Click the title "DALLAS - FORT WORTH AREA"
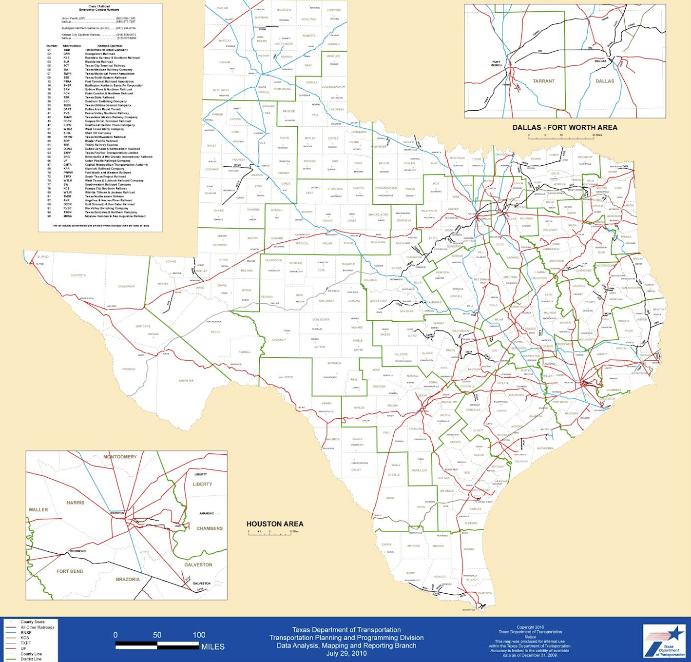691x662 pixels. pos(565,127)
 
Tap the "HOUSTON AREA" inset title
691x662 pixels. pos(275,524)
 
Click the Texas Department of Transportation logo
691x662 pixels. pos(664,641)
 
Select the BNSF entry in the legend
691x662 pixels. pos(26,632)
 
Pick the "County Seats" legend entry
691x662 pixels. pos(32,622)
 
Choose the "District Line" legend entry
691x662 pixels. pos(31,659)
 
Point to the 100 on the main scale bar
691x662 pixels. pos(199,635)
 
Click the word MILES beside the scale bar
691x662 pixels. pos(213,647)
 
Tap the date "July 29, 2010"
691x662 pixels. pos(346,653)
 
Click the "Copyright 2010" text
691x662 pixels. pos(530,627)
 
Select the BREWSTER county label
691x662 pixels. pos(186,381)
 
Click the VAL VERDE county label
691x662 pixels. pos(286,377)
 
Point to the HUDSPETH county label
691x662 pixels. pos(78,275)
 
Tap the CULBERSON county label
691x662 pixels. pos(126,286)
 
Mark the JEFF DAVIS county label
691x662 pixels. pos(143,326)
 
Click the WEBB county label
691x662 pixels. pos(390,498)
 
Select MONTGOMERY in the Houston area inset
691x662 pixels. pos(120,457)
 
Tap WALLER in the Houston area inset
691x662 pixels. pos(38,509)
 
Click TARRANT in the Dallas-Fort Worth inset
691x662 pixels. pos(543,81)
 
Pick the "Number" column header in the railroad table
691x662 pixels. pos(52,46)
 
